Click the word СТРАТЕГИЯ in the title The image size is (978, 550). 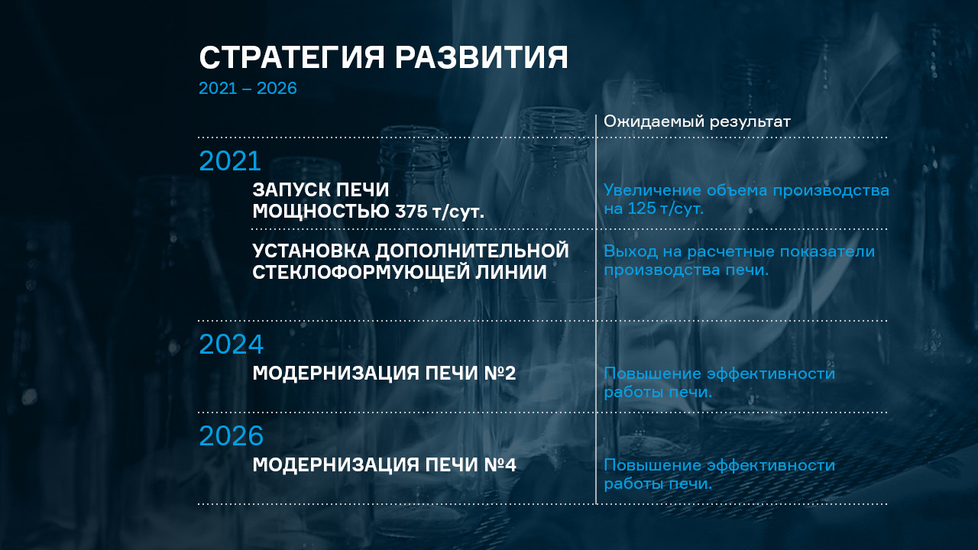click(x=292, y=57)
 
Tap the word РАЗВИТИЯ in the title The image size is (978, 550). click(x=481, y=57)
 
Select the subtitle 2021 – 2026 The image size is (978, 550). click(x=248, y=88)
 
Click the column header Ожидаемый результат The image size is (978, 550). click(x=697, y=121)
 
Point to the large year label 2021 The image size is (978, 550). click(x=230, y=160)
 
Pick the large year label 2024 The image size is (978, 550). click(x=231, y=344)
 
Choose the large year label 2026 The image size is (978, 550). click(x=231, y=435)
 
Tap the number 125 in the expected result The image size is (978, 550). click(x=641, y=209)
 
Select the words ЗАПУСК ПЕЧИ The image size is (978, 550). click(x=320, y=189)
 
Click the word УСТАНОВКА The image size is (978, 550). click(x=311, y=251)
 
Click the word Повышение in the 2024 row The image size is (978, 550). click(x=653, y=374)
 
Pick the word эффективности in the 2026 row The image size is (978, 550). click(x=771, y=465)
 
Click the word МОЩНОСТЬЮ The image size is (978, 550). click(x=321, y=212)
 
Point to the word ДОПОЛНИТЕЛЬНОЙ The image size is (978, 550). click(x=472, y=251)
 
